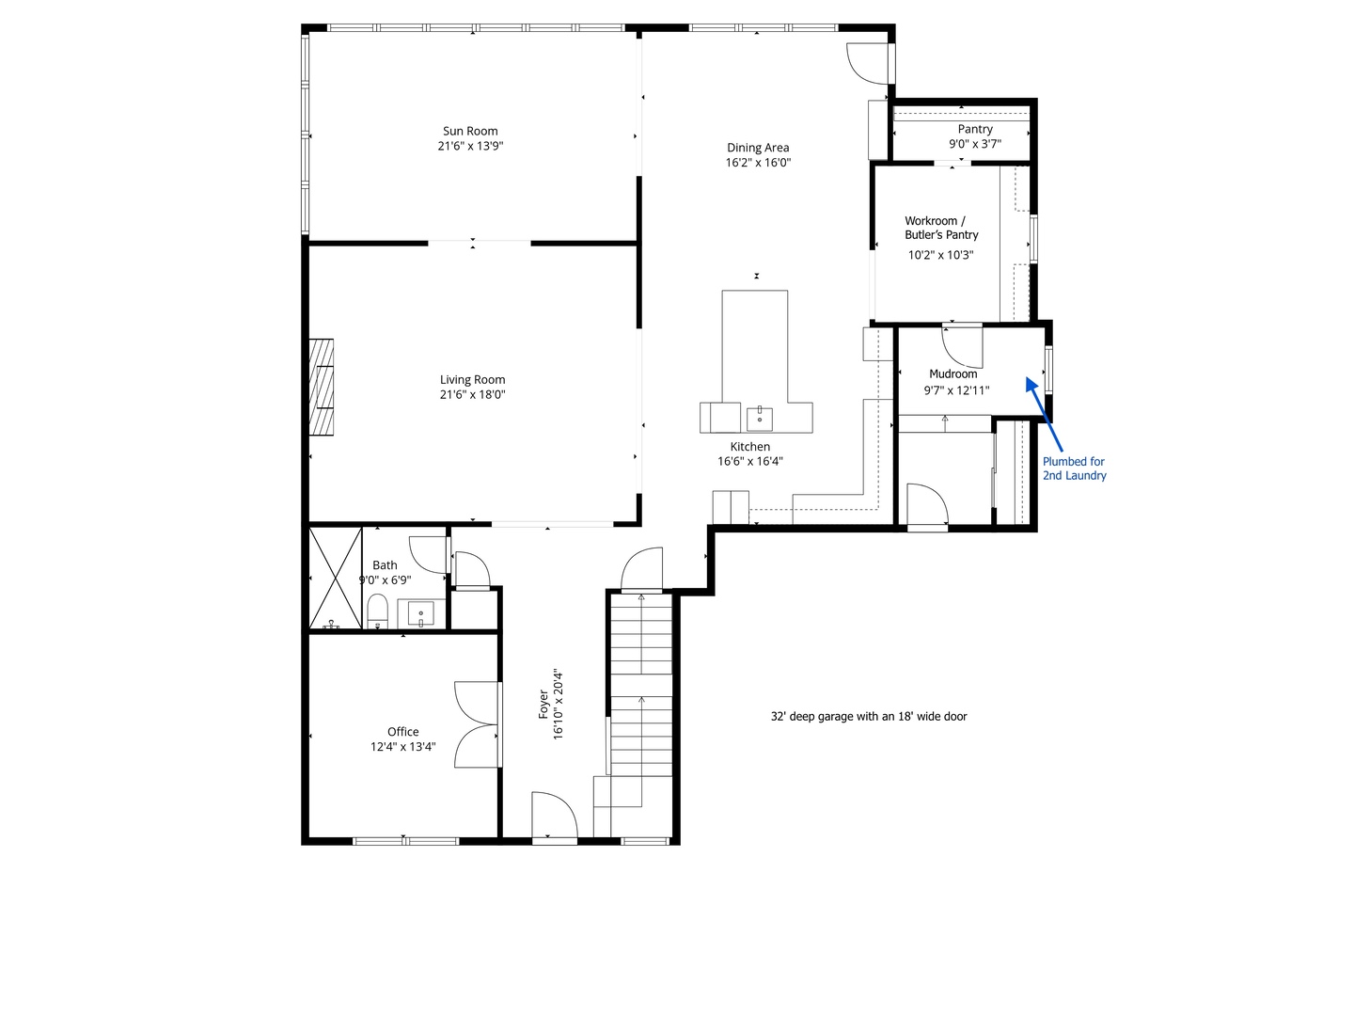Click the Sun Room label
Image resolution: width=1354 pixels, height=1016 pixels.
point(470,131)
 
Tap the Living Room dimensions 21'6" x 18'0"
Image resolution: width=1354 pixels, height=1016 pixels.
point(472,395)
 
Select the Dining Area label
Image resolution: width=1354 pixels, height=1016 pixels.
point(758,148)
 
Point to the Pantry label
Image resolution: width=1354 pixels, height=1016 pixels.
point(975,129)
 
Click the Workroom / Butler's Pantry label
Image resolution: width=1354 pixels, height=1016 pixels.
point(941,228)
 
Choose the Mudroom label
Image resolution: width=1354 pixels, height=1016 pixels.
point(953,373)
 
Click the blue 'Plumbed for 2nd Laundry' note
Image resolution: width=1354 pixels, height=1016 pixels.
point(1074,468)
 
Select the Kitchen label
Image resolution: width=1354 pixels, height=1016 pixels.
point(750,447)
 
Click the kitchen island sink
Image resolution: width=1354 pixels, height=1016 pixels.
point(759,417)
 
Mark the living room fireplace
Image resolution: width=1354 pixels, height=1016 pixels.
point(322,387)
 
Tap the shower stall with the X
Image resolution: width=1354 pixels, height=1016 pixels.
point(336,578)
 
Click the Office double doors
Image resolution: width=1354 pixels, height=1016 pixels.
point(477,724)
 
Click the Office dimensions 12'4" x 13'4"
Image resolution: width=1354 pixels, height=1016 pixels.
point(402,747)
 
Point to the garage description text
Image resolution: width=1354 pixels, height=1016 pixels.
point(869,716)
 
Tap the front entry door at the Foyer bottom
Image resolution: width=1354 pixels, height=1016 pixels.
point(554,816)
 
